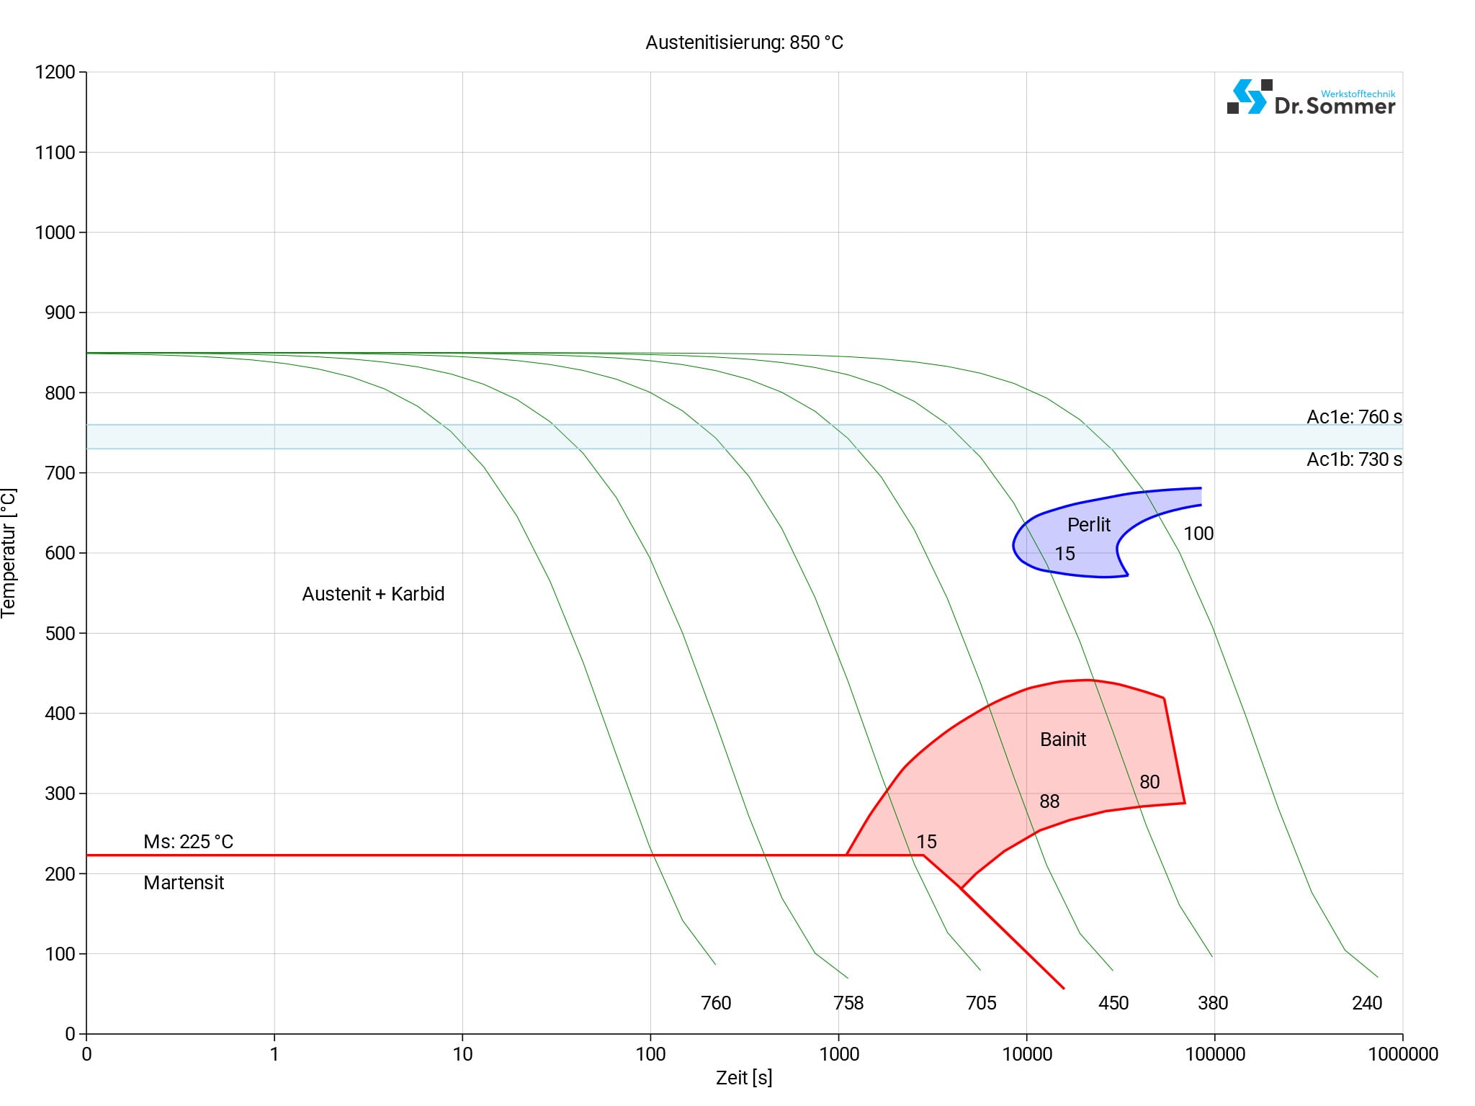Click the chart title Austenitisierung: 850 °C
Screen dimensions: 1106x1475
click(744, 42)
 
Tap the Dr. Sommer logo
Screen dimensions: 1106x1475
click(1311, 98)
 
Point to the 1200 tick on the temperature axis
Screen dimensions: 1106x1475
click(55, 72)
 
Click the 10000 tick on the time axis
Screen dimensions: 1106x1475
click(1027, 1054)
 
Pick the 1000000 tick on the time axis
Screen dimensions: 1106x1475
click(1402, 1054)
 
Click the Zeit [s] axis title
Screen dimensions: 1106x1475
click(744, 1078)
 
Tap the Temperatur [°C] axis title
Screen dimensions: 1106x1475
click(9, 553)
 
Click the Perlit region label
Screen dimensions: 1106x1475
click(1088, 525)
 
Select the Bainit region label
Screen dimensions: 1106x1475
click(1063, 739)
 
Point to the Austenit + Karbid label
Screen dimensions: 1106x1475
click(373, 594)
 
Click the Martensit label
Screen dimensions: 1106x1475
click(184, 883)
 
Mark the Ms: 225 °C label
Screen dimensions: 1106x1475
click(188, 842)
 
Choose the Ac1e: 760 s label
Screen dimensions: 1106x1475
click(1354, 417)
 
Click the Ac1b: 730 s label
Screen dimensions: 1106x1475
click(1354, 459)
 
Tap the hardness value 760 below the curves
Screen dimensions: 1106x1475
click(716, 1003)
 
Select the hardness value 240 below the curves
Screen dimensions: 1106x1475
click(1367, 1003)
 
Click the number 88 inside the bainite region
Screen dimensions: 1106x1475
click(1049, 801)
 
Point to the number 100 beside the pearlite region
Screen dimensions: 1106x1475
click(1198, 534)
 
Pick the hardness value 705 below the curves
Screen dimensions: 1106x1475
click(981, 1003)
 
